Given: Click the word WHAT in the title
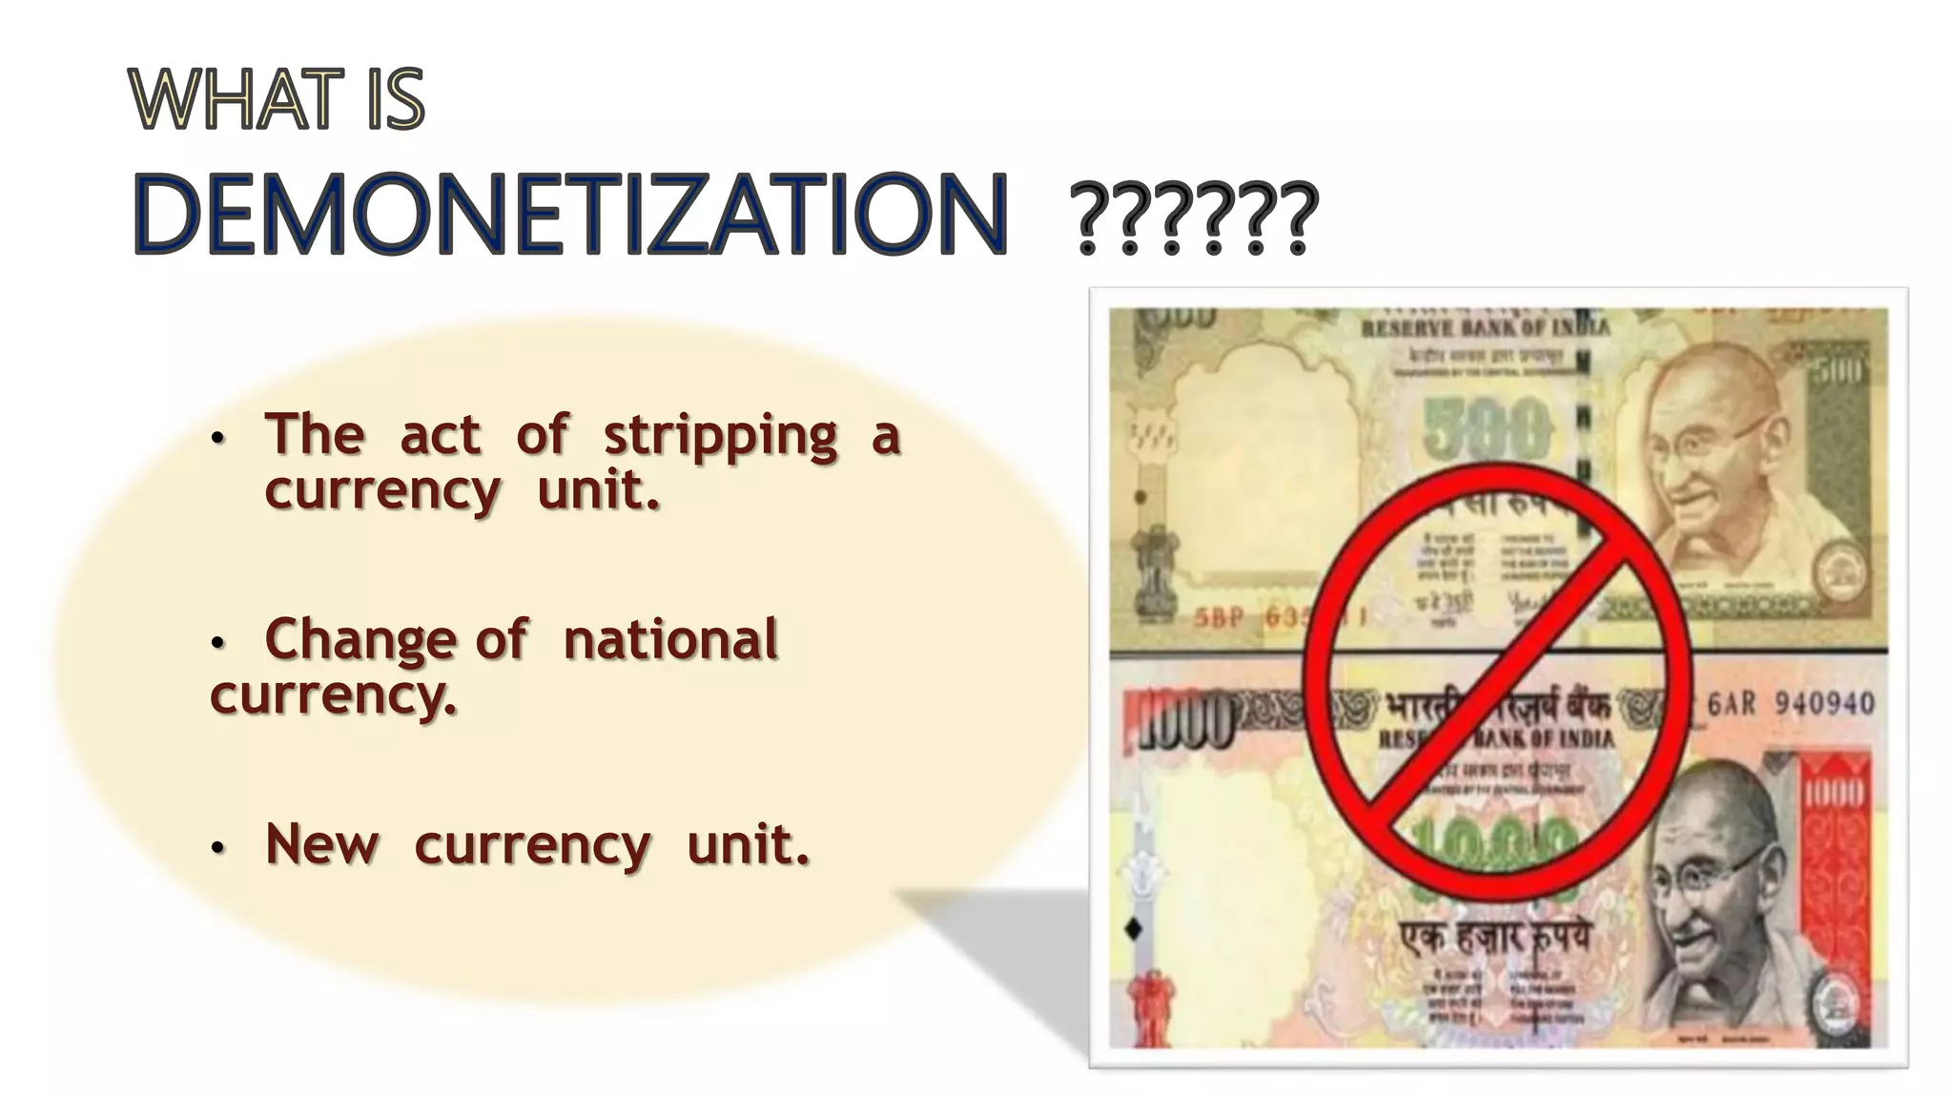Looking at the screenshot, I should pos(236,99).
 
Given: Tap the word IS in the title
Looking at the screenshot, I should pos(394,99).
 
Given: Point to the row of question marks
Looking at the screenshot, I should pos(1194,219).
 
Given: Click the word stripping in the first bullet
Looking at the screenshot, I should pos(720,436).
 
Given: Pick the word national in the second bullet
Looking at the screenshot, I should pos(670,639).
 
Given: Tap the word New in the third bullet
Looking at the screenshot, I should pos(322,844).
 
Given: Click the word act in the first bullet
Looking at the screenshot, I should pos(440,436).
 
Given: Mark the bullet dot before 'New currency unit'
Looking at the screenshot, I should pos(217,847).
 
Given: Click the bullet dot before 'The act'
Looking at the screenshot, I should pos(217,439).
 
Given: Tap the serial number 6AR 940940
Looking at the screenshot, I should pos(1790,704).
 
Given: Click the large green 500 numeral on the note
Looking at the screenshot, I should pos(1488,429).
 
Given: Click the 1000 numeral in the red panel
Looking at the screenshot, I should pos(1833,792).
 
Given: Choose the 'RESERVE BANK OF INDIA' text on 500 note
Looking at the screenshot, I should pos(1484,329).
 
